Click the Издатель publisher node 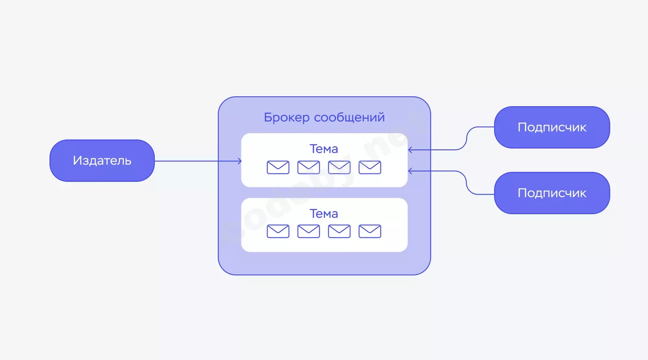102,161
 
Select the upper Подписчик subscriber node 552,128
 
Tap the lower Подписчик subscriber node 552,193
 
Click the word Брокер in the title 287,117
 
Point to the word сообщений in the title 349,117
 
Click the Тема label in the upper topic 324,149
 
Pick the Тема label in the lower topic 324,214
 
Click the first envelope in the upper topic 278,167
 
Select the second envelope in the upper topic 309,167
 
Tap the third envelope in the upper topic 339,167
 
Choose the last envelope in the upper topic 370,167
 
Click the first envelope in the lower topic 278,231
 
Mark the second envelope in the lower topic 309,231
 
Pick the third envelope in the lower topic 339,231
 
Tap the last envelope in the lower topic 370,231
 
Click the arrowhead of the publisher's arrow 240,161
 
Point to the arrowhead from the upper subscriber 410,150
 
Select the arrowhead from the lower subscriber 410,171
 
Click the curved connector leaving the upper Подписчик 467,138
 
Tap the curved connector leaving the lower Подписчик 467,183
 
